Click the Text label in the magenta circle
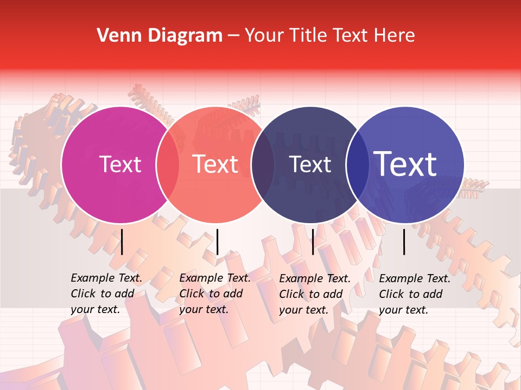pyautogui.click(x=120, y=164)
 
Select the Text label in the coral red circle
pyautogui.click(x=215, y=164)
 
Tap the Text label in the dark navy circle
pyautogui.click(x=310, y=164)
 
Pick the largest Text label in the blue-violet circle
pyautogui.click(x=405, y=164)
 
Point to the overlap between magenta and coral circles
pyautogui.click(x=168, y=165)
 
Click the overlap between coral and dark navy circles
pyautogui.click(x=263, y=165)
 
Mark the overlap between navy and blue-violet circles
pyautogui.click(x=357, y=165)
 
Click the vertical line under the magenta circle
pyautogui.click(x=122, y=242)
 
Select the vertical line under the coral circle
pyautogui.click(x=217, y=242)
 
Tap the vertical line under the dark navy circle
pyautogui.click(x=313, y=242)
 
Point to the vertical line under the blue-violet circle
pyautogui.click(x=404, y=242)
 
